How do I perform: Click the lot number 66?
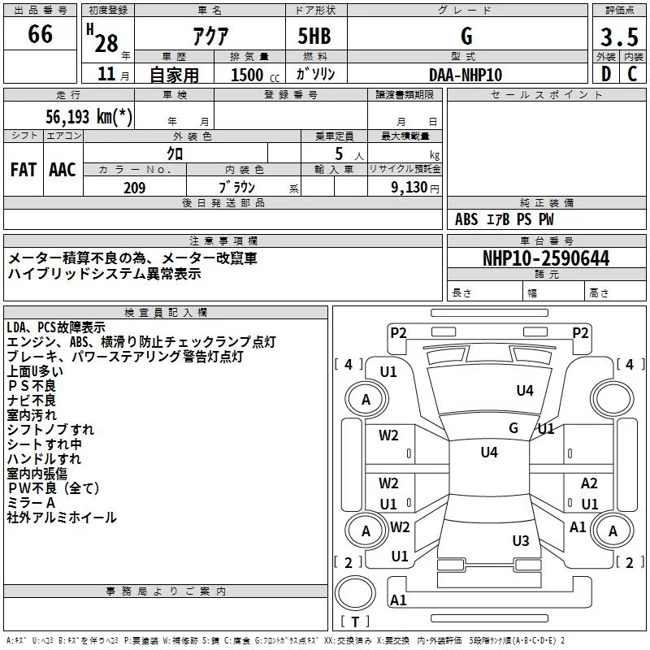[40, 34]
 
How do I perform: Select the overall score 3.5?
[619, 37]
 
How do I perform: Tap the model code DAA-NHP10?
[466, 75]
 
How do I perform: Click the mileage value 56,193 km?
[89, 116]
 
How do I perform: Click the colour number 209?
[134, 188]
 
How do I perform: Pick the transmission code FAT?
[23, 169]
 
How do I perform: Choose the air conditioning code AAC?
[62, 169]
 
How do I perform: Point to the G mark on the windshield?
[513, 427]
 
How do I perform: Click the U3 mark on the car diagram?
[521, 540]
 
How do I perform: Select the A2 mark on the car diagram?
[589, 483]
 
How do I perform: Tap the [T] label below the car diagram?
[354, 622]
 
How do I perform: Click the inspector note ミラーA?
[31, 503]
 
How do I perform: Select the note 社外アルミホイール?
[62, 518]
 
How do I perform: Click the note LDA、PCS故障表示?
[55, 327]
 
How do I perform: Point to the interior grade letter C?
[632, 74]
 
